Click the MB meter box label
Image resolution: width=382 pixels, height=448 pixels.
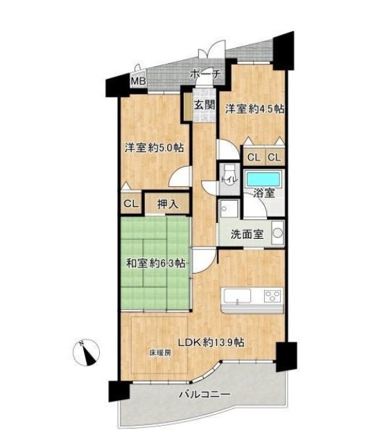point(139,81)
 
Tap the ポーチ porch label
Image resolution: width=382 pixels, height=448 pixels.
point(205,74)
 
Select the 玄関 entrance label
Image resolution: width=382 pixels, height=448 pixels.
point(205,105)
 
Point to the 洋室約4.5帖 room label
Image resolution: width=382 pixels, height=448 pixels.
point(254,109)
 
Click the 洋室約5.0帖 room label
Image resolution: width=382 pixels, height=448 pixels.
point(154,148)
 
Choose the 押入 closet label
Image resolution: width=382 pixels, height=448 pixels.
point(168,204)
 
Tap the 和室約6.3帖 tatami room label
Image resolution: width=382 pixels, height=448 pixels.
point(156,263)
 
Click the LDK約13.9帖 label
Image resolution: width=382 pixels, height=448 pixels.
point(211,342)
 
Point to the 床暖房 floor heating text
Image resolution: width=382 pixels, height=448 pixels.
point(160,353)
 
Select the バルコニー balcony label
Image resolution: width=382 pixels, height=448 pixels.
point(205,395)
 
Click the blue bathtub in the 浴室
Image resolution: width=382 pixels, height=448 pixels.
point(263,179)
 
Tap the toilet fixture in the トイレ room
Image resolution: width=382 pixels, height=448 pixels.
point(228,174)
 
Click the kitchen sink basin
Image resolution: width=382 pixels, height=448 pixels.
point(237,296)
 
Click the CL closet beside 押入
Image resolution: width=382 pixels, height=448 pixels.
point(131,204)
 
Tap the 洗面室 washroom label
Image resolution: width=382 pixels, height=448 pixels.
point(247,235)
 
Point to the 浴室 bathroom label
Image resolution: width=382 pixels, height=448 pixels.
point(264,193)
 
